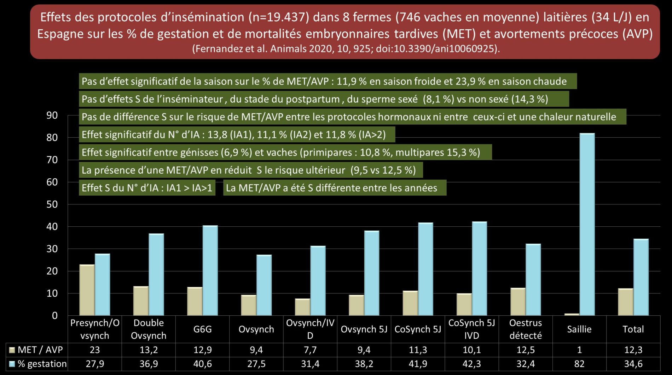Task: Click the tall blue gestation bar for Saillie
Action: click(x=587, y=224)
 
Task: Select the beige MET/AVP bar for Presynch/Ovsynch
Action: click(x=87, y=290)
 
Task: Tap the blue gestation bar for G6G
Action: click(x=210, y=270)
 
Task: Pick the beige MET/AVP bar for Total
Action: click(x=625, y=302)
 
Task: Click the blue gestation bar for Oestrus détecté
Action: click(x=533, y=280)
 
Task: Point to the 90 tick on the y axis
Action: click(x=52, y=115)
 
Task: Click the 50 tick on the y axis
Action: click(x=52, y=204)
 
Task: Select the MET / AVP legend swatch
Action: click(x=12, y=350)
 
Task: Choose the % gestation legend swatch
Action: click(x=12, y=364)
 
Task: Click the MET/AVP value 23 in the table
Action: click(x=95, y=350)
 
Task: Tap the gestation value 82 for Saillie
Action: click(x=579, y=364)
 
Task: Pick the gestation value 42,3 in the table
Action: click(x=471, y=364)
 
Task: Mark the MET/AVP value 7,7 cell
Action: click(x=310, y=350)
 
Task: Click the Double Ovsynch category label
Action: click(x=149, y=329)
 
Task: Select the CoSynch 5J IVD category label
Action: click(x=471, y=329)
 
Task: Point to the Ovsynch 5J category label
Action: click(x=364, y=329)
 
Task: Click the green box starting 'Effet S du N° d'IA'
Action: click(x=147, y=188)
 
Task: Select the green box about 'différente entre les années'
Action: click(x=334, y=188)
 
